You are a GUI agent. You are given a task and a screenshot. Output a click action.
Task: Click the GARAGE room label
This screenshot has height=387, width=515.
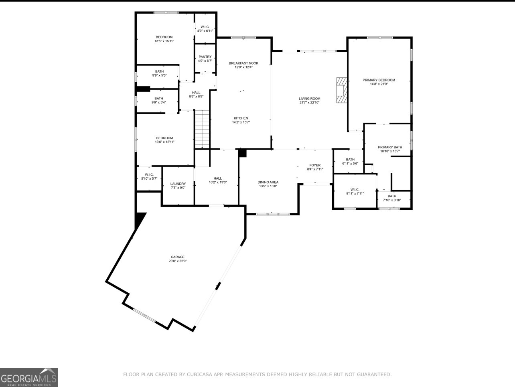tap(177, 257)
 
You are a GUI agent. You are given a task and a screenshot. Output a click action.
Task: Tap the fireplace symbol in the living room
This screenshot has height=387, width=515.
tap(341, 91)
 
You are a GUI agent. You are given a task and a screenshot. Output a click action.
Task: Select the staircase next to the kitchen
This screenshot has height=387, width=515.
tap(203, 129)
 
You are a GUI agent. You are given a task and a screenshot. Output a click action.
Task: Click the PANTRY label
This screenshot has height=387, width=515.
tap(205, 57)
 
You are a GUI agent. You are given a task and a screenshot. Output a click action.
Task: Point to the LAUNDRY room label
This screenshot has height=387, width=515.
tap(178, 184)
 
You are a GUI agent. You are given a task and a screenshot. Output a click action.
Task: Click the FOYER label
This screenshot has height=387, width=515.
tap(315, 165)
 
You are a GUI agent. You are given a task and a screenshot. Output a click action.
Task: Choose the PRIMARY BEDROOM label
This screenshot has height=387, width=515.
tap(379, 80)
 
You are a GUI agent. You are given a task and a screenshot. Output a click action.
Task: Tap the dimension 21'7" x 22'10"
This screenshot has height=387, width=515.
tap(310, 103)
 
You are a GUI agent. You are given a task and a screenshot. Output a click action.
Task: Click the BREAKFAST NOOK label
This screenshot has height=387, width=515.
tap(243, 63)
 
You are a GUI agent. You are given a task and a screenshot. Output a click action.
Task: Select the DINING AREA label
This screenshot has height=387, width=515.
tap(268, 182)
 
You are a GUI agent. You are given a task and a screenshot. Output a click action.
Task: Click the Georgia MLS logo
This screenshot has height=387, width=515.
tap(29, 377)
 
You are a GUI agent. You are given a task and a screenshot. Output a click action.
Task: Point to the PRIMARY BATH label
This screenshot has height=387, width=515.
tap(390, 147)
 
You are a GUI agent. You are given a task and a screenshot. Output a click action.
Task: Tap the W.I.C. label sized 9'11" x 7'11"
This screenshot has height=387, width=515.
tap(355, 189)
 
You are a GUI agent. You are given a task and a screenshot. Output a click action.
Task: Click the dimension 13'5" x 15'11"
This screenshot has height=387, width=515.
tap(164, 41)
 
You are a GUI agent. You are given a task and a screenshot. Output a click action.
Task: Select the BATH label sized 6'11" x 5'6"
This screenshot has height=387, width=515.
tap(350, 159)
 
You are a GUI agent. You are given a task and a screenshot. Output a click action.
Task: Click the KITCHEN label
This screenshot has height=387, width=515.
tap(241, 118)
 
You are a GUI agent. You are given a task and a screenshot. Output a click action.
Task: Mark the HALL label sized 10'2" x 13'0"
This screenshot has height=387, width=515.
tap(218, 178)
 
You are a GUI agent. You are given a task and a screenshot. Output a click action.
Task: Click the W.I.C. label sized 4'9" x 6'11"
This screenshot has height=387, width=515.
tap(205, 27)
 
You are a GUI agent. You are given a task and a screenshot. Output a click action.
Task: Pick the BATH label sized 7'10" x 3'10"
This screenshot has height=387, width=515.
tap(392, 196)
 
